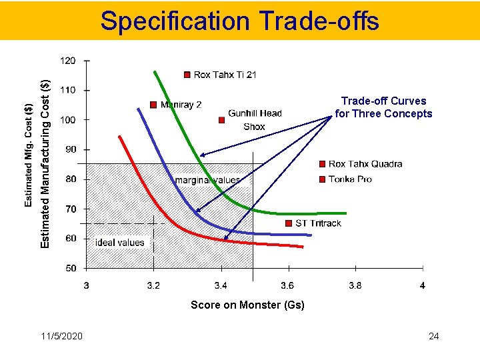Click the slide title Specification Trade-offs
click(x=239, y=21)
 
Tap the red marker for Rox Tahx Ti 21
click(x=187, y=75)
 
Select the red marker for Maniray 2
click(x=153, y=105)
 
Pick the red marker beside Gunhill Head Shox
click(x=222, y=120)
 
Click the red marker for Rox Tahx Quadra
click(x=323, y=163)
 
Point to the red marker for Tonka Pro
click(x=323, y=179)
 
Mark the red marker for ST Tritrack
click(x=289, y=223)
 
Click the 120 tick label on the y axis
click(x=68, y=61)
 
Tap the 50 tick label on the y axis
click(x=70, y=269)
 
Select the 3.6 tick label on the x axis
click(x=287, y=286)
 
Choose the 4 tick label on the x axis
click(x=422, y=286)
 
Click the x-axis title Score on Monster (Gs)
click(x=247, y=305)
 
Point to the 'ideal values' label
click(x=119, y=243)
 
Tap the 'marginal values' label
click(x=207, y=180)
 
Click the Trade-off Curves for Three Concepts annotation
click(x=383, y=107)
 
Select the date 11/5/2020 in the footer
click(x=61, y=336)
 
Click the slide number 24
click(x=433, y=336)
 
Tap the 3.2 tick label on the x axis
click(x=153, y=286)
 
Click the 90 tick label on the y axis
click(x=70, y=150)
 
